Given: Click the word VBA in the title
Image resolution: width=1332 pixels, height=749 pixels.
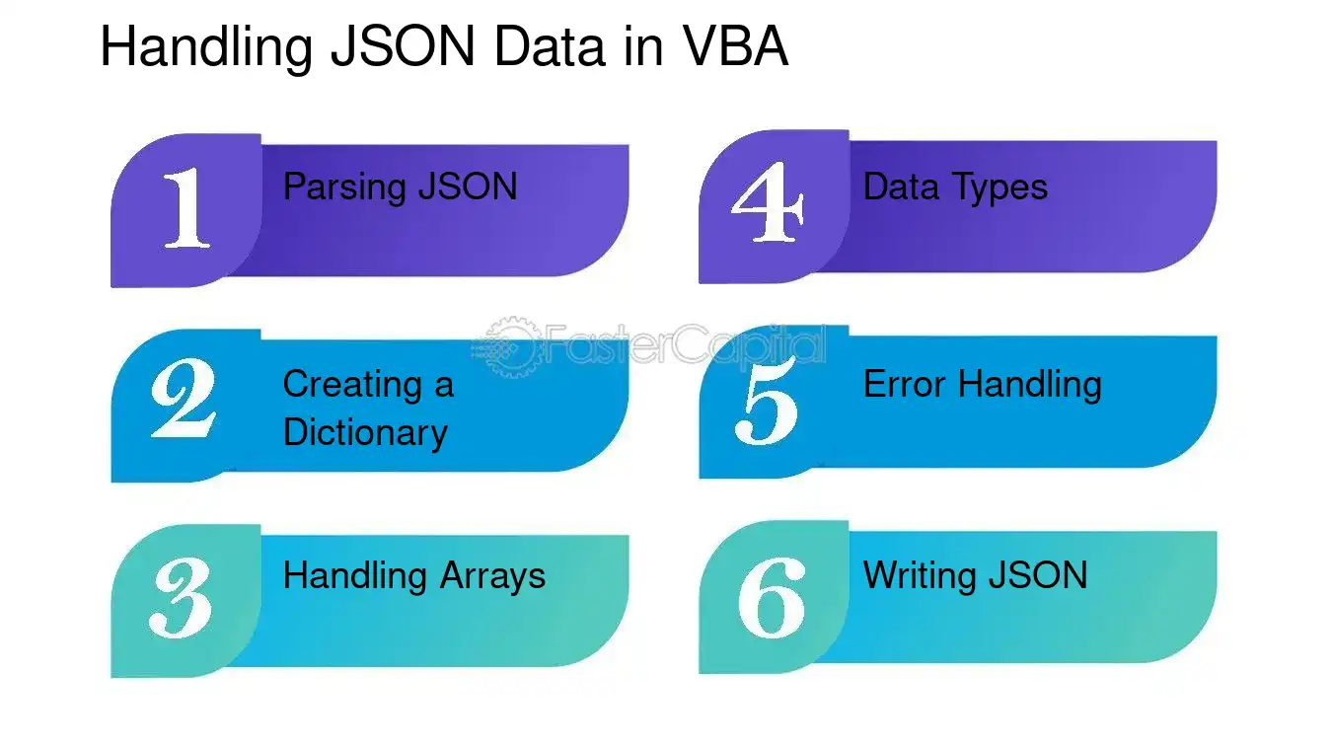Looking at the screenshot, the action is [736, 45].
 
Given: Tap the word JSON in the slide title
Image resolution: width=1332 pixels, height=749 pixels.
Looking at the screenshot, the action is [403, 46].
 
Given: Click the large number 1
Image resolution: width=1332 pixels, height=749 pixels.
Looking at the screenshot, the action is [186, 207].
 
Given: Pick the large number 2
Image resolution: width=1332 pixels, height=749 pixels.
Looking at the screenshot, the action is [184, 398].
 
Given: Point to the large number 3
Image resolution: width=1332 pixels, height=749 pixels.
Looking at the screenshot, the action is [181, 598].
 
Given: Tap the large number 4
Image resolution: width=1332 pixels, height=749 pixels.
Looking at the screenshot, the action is [768, 201].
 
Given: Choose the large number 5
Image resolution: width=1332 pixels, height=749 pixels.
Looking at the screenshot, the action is [767, 403].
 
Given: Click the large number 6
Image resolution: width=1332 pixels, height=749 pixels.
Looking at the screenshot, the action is [772, 597].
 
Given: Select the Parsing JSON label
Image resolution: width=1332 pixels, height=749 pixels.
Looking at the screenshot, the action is [401, 187].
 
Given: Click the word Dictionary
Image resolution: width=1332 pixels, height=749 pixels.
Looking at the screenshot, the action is [365, 432].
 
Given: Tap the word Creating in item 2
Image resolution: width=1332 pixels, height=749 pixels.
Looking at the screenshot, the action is [352, 384].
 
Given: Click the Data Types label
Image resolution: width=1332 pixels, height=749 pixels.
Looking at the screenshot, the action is [955, 187].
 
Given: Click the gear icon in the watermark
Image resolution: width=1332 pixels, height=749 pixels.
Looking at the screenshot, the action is [508, 347].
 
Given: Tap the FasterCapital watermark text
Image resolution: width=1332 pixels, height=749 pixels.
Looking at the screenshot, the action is [685, 344].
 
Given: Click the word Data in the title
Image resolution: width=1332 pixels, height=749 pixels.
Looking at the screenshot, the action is [549, 46].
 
